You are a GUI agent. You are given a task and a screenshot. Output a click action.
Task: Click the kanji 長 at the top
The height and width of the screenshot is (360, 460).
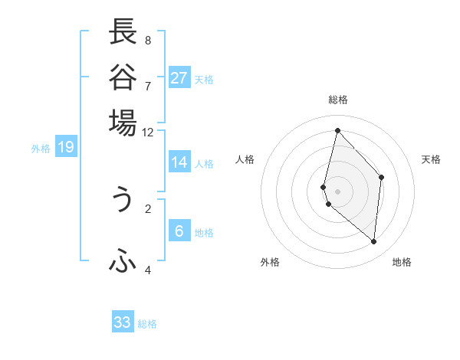click(123, 33)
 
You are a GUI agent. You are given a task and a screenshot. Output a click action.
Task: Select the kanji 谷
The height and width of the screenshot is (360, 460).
click(123, 77)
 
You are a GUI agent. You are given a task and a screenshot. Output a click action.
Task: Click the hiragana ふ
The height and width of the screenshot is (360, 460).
click(123, 263)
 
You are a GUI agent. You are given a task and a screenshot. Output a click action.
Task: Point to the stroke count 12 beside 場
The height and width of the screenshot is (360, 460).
click(148, 132)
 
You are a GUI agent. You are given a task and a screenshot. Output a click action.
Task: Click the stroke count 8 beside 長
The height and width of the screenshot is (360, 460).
click(148, 40)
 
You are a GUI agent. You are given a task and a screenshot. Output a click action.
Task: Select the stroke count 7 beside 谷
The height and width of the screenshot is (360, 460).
click(148, 85)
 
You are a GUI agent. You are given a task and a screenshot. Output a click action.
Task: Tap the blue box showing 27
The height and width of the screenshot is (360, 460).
click(179, 77)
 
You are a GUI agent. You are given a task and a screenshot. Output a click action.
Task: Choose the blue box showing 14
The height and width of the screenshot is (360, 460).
click(179, 162)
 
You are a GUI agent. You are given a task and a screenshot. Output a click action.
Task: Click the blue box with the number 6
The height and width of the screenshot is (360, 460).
click(179, 231)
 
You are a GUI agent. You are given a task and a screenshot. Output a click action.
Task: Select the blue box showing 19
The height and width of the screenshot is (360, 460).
click(66, 147)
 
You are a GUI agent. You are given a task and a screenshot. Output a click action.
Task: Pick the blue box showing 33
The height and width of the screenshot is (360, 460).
click(123, 322)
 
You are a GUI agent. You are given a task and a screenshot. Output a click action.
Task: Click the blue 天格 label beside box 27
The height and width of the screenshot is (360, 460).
click(204, 80)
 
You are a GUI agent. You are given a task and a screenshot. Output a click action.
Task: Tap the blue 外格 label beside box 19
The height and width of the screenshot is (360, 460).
click(41, 149)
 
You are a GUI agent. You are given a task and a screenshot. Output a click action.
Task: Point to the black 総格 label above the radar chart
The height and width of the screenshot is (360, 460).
click(337, 100)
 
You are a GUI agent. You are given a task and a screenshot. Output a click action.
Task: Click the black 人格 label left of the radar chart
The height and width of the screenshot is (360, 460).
click(245, 159)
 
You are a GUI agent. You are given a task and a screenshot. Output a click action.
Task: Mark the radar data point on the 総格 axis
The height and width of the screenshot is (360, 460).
click(337, 130)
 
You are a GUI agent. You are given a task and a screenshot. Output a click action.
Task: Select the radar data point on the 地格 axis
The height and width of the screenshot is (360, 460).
click(374, 241)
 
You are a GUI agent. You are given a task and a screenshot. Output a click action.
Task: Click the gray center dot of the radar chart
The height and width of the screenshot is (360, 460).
click(337, 190)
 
